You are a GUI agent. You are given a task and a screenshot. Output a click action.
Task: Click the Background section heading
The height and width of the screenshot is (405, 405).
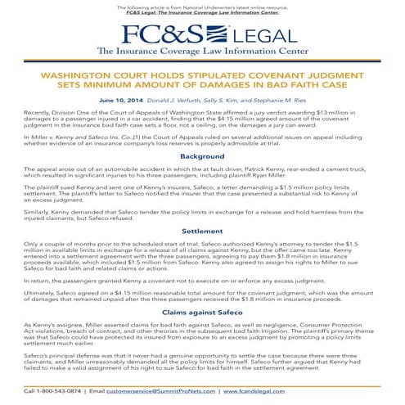[x=202, y=155]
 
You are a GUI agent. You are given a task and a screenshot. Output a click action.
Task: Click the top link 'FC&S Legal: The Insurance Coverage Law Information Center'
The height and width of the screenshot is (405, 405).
[x=202, y=14]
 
